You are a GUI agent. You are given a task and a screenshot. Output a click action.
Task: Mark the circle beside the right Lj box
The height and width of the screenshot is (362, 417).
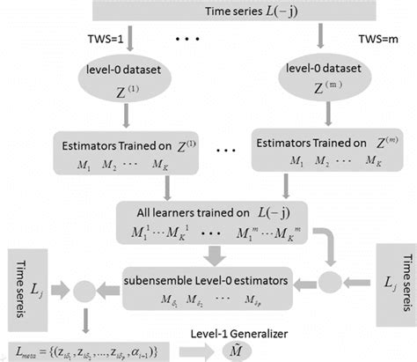coord(330,281)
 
